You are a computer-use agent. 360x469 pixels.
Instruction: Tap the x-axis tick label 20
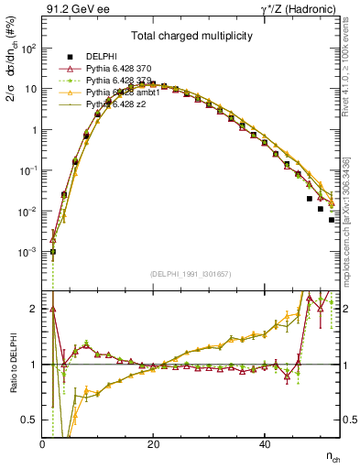(153, 443)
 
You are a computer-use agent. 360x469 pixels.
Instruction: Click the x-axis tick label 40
(265, 443)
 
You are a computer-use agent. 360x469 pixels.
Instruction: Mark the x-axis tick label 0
(42, 443)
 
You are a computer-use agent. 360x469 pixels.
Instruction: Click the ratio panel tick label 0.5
(29, 420)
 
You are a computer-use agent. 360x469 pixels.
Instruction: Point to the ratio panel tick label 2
(35, 308)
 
